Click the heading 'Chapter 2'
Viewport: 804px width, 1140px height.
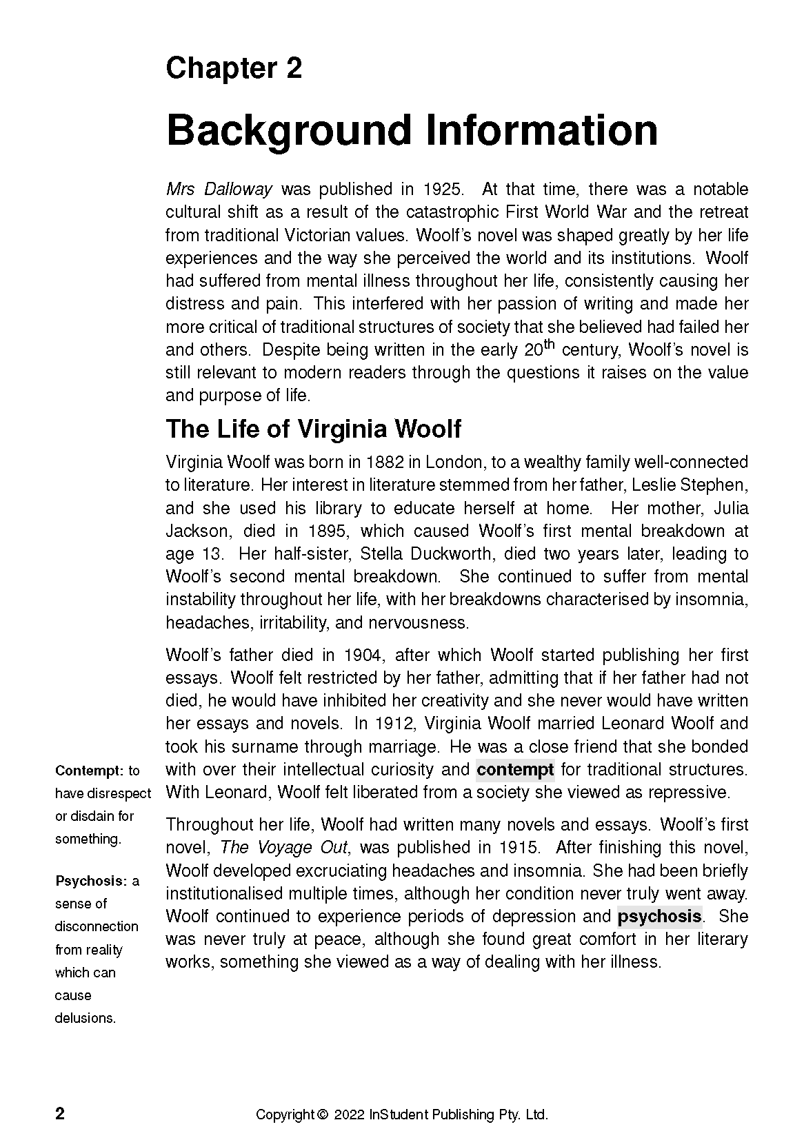pyautogui.click(x=234, y=69)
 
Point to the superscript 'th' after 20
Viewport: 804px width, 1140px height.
pyautogui.click(x=550, y=344)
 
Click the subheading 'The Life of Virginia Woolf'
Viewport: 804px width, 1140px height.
pyautogui.click(x=313, y=429)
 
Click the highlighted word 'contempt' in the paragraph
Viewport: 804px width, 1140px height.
pyautogui.click(x=515, y=769)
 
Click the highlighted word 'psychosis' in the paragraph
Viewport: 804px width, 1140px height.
pyautogui.click(x=659, y=917)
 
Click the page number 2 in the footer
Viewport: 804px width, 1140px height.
pyautogui.click(x=60, y=1114)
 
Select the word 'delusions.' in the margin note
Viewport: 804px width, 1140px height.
pyautogui.click(x=86, y=1018)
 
